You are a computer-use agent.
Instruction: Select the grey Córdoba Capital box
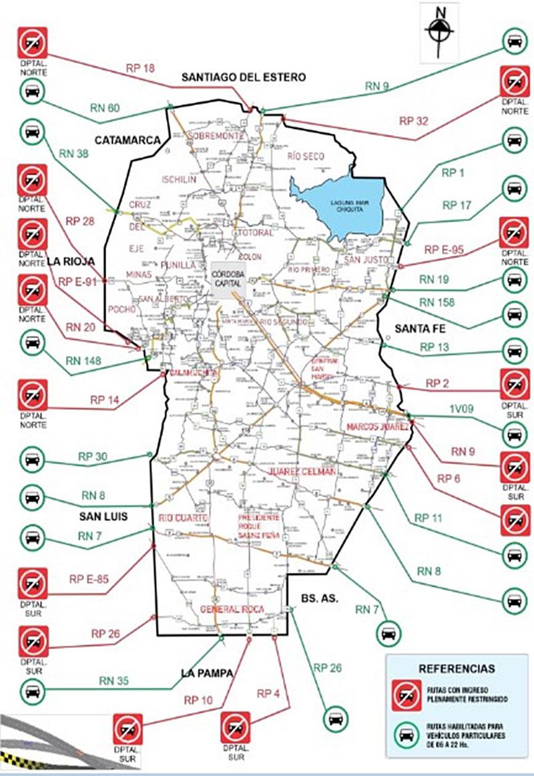[228, 280]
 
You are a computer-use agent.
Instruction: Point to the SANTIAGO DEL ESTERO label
[244, 77]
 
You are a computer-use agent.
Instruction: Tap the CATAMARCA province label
[127, 140]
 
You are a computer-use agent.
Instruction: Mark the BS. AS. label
[316, 598]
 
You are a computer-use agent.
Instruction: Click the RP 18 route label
[140, 68]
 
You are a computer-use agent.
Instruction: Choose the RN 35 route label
[115, 681]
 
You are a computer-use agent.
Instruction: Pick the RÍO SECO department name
[306, 156]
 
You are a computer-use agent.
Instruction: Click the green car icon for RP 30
[31, 460]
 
